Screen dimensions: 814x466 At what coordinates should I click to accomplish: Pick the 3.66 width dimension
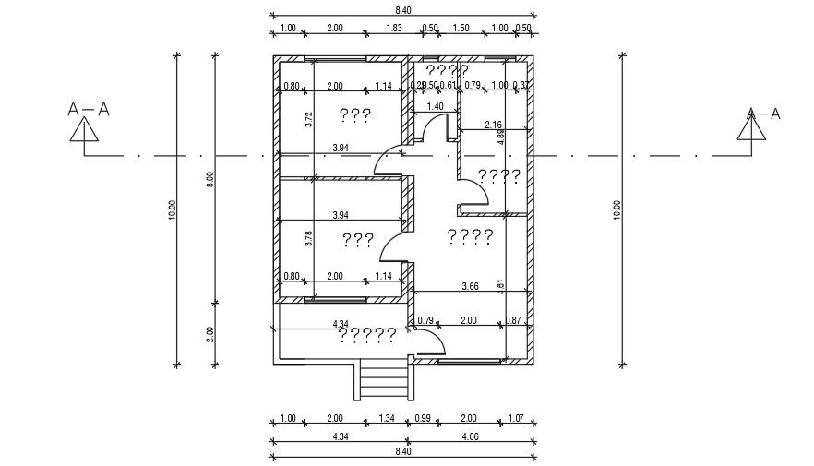coord(470,287)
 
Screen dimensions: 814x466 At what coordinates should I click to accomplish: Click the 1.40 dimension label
coord(435,106)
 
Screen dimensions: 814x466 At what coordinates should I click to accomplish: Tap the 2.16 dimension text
coord(493,125)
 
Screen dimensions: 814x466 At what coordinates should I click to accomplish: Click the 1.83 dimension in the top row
coord(394,28)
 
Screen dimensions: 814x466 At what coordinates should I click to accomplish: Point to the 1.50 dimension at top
coord(461,28)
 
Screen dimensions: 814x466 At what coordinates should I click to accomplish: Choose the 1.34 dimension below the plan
coord(386,418)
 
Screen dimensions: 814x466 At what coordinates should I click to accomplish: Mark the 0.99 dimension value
coord(423,418)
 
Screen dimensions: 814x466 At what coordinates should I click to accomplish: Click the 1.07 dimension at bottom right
coord(515,418)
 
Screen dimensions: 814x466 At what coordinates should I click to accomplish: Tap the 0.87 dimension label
coord(514,320)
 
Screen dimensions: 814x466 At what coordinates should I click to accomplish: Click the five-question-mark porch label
coord(368,333)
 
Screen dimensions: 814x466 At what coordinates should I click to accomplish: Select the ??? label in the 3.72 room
coord(355,115)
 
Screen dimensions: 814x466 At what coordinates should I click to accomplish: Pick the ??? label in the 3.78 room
coord(357,240)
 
